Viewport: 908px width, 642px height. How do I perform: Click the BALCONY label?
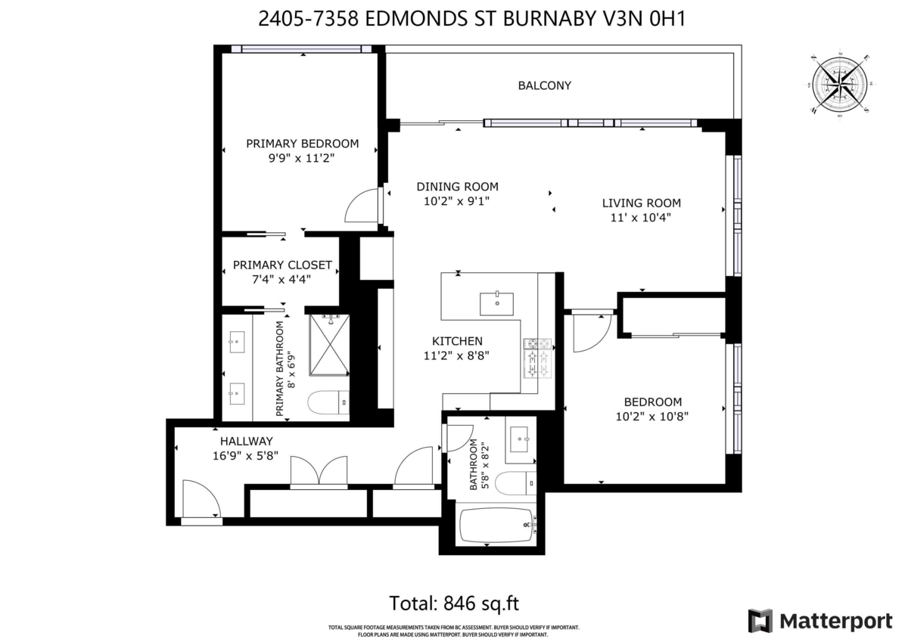click(x=544, y=85)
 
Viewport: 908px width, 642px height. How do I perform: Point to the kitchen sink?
click(x=497, y=303)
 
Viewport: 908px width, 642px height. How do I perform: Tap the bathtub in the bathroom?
click(x=496, y=524)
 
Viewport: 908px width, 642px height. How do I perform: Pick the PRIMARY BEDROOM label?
click(x=302, y=144)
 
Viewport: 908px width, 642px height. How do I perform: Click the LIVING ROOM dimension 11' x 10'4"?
click(x=641, y=217)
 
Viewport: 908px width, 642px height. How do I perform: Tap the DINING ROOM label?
click(x=457, y=187)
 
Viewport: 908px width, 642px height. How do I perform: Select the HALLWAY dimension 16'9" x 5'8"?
click(x=246, y=455)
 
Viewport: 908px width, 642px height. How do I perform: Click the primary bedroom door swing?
click(x=362, y=205)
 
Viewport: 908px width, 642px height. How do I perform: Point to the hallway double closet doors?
click(x=319, y=471)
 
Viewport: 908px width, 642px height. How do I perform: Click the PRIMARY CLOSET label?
click(x=282, y=265)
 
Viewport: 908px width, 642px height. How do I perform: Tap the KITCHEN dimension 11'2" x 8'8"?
click(x=457, y=355)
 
